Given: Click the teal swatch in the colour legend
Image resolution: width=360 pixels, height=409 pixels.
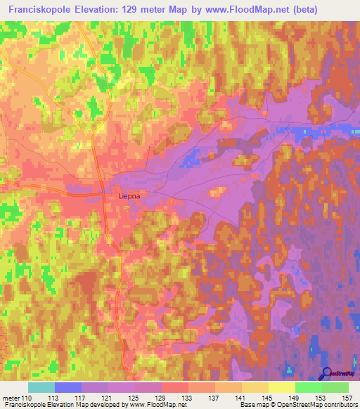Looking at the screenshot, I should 41,387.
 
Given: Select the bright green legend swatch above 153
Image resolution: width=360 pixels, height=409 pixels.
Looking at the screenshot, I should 309,387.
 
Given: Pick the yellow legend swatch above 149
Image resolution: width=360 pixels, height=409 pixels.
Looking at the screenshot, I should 282,387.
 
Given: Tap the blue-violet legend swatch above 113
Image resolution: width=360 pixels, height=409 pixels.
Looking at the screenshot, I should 68,387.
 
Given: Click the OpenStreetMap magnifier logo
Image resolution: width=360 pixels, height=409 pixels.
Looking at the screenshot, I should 327,374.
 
